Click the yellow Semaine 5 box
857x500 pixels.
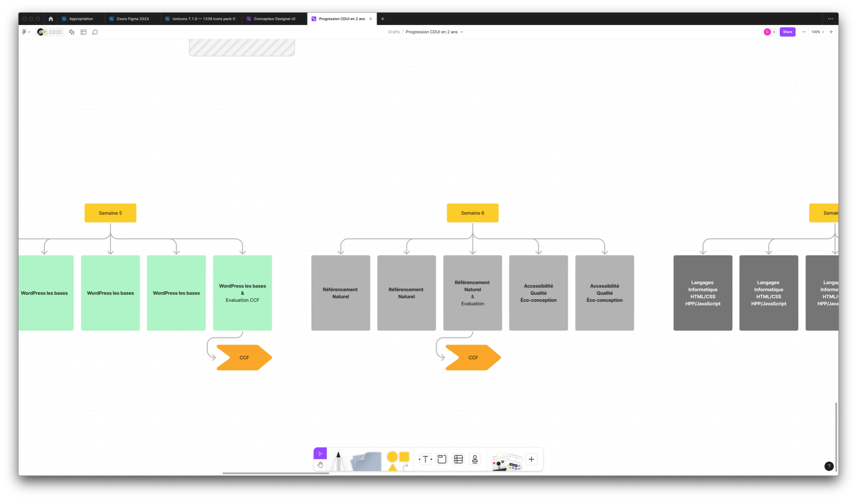(110, 213)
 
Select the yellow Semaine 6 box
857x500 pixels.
(472, 213)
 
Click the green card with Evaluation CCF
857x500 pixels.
(242, 293)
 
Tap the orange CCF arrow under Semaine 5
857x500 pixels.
(243, 357)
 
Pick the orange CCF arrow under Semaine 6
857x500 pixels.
(472, 357)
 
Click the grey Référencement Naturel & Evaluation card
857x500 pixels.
(472, 293)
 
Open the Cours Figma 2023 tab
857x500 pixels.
(132, 19)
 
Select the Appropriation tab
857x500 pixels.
(81, 19)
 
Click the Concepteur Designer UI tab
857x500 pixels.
(274, 19)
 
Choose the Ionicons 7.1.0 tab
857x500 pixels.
(204, 19)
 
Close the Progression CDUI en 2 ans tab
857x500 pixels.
(371, 19)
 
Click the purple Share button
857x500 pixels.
(787, 32)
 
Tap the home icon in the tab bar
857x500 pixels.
(51, 19)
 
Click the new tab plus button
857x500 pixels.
(383, 19)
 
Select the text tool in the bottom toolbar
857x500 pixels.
(425, 459)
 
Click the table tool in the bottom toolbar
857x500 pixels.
(459, 459)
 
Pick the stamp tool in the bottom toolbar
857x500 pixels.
(475, 459)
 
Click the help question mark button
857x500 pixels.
(829, 466)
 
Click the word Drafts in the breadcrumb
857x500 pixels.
(394, 32)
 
